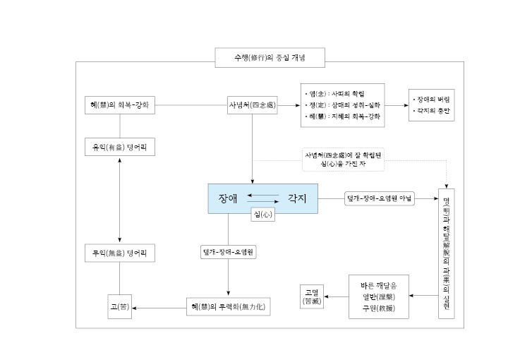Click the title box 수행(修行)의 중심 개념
point(270,57)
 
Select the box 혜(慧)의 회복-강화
point(119,105)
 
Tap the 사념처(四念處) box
point(251,105)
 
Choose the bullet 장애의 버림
point(432,100)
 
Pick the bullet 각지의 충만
point(432,112)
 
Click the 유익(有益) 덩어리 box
point(119,147)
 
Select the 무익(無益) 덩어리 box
point(119,253)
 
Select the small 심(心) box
point(262,215)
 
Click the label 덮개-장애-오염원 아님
point(379,198)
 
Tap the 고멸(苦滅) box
point(312,296)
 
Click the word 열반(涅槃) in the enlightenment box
point(379,296)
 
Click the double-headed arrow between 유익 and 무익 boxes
point(119,200)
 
